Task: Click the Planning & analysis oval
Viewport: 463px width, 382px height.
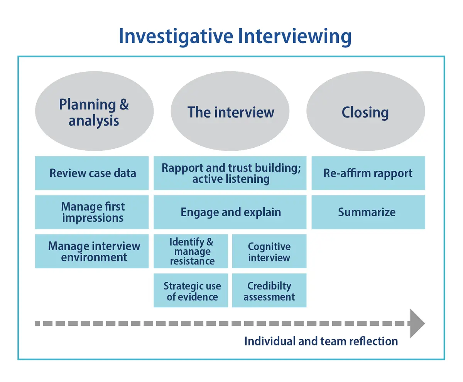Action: click(x=94, y=112)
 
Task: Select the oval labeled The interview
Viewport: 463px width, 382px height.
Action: click(x=230, y=112)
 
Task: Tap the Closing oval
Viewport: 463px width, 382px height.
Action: click(x=365, y=112)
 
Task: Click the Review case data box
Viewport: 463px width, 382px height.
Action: click(x=92, y=173)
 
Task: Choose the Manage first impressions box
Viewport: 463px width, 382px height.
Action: click(x=92, y=212)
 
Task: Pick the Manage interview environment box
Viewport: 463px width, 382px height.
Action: click(x=92, y=251)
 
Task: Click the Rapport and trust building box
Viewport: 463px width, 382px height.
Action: click(x=230, y=173)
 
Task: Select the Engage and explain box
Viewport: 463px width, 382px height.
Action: click(x=230, y=212)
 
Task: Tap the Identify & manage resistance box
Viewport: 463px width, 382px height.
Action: click(x=191, y=251)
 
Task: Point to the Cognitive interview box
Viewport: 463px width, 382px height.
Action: click(x=269, y=251)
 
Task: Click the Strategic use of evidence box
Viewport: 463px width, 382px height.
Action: click(x=191, y=291)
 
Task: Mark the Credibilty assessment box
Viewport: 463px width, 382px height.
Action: click(x=269, y=291)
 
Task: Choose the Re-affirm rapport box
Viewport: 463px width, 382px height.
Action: click(x=368, y=173)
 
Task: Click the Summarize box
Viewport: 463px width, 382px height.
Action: click(x=368, y=212)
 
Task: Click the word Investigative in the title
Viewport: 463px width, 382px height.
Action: click(x=176, y=36)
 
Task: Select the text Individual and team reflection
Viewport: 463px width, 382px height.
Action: click(x=321, y=341)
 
